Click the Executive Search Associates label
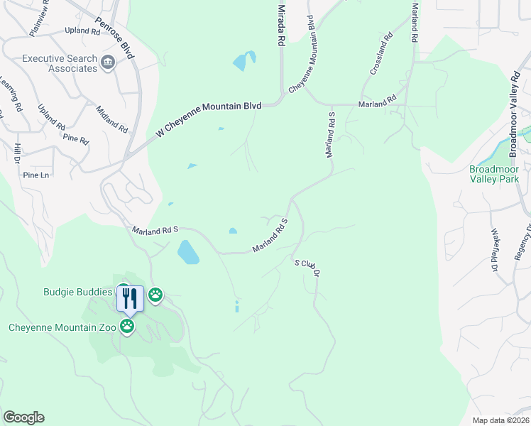tap(60, 64)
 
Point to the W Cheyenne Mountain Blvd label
tap(209, 119)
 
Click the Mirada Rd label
tap(281, 25)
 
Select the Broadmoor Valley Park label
tap(494, 174)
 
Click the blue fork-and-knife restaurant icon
tap(131, 297)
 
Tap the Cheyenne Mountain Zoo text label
tap(62, 327)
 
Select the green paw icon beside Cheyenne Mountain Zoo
tap(127, 327)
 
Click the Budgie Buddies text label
tap(78, 292)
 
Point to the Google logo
tap(23, 417)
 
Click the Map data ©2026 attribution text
tap(500, 420)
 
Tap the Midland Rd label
tap(112, 119)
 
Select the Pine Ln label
tap(36, 175)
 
